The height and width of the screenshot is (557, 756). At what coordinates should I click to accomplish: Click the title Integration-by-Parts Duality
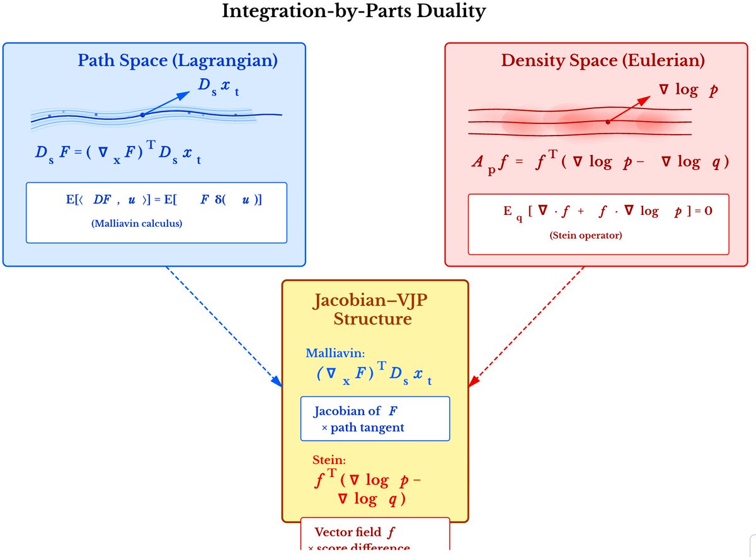tap(353, 12)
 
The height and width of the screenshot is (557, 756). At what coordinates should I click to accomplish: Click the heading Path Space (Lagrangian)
tap(178, 61)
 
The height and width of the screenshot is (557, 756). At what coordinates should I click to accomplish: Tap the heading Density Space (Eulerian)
tap(603, 61)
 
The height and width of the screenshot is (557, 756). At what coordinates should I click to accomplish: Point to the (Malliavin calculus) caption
tap(137, 223)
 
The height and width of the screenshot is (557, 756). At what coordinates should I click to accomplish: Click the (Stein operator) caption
tap(585, 236)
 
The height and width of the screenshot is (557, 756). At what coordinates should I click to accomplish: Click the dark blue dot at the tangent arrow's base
tap(143, 115)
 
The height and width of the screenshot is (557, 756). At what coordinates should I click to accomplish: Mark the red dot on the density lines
tap(607, 122)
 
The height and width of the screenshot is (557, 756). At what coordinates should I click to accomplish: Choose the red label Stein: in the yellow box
tap(329, 460)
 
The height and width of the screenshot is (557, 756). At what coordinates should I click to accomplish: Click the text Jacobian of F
tap(356, 411)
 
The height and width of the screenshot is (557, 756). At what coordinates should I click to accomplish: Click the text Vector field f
tap(355, 532)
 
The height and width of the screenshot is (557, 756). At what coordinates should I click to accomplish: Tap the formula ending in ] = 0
tap(607, 212)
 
